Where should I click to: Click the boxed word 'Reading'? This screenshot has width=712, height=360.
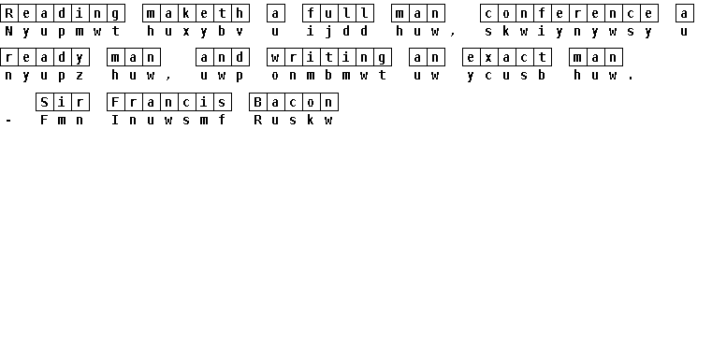point(62,13)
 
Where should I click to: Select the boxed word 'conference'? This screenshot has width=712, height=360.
point(569,13)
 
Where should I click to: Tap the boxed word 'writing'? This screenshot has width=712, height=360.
point(328,58)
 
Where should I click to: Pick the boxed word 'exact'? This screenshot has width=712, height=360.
point(507,58)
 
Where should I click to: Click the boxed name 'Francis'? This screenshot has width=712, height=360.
point(169,102)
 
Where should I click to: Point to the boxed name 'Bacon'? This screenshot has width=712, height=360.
point(294,102)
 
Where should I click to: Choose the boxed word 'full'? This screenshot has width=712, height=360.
point(338,13)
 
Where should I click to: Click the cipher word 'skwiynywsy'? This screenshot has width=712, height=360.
point(569,31)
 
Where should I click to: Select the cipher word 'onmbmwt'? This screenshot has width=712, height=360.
point(328,76)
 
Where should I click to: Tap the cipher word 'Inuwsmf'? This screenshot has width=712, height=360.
point(169,120)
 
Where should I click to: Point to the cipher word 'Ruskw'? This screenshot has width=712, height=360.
point(294,120)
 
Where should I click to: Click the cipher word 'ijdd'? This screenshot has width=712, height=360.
point(338,31)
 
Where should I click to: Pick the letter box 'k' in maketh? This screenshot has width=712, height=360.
point(186,13)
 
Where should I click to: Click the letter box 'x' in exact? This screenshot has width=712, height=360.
point(488,58)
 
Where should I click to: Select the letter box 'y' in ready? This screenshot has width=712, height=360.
point(80,58)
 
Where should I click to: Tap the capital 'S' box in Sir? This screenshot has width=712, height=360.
point(44,102)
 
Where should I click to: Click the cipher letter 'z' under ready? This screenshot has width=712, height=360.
point(80,76)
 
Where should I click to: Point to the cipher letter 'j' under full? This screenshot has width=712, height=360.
point(328,31)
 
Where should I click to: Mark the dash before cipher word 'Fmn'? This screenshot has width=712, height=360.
point(8,121)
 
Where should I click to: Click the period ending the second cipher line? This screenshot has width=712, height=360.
point(631,79)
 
